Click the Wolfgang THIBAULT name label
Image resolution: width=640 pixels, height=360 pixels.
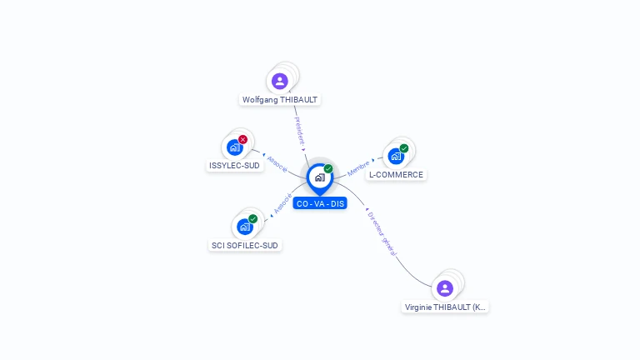(x=280, y=100)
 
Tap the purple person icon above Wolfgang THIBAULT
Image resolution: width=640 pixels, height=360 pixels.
(x=280, y=81)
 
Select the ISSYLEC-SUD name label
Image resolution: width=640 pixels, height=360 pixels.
(x=234, y=165)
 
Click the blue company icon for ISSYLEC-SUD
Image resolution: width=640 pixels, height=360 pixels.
(x=234, y=147)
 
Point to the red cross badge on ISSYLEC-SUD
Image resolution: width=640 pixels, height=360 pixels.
(x=242, y=139)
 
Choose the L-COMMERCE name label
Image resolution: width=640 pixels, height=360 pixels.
(x=396, y=175)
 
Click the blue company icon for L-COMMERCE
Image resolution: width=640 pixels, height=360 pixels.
(x=396, y=156)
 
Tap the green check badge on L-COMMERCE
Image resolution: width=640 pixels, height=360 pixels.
(x=404, y=148)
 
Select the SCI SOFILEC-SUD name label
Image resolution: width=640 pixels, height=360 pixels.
(x=245, y=245)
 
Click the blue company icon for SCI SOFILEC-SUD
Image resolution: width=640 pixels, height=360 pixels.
(x=244, y=226)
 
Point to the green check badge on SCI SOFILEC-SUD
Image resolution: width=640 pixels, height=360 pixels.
(x=252, y=218)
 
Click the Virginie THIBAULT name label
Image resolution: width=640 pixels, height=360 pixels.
(x=445, y=307)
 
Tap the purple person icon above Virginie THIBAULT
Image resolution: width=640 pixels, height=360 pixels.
(x=445, y=287)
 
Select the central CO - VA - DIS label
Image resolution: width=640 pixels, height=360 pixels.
(x=320, y=203)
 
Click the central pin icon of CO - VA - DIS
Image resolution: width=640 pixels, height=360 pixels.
(x=319, y=177)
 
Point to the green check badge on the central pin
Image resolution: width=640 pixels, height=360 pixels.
(x=328, y=169)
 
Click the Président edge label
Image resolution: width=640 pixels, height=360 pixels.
(x=299, y=129)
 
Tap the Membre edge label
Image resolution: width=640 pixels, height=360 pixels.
(x=358, y=167)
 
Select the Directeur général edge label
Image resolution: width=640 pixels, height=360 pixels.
(x=382, y=232)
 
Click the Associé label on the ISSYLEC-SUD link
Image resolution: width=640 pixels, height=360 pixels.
(x=277, y=163)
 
